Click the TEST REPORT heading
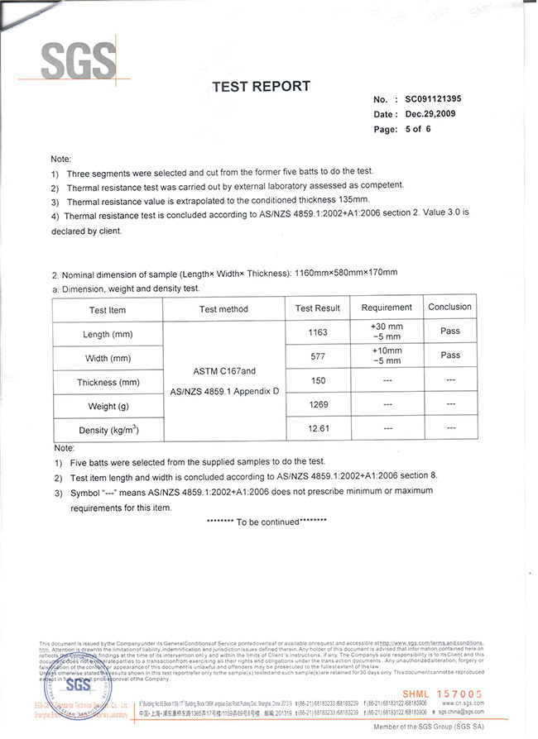click(x=261, y=87)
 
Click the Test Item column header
click(x=108, y=309)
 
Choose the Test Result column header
click(x=317, y=308)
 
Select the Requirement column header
click(x=387, y=308)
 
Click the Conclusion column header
click(x=449, y=307)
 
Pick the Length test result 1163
click(x=317, y=332)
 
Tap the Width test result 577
click(x=317, y=356)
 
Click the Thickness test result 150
click(x=317, y=381)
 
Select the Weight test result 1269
click(x=317, y=405)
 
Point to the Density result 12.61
click(x=317, y=429)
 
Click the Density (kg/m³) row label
click(x=108, y=430)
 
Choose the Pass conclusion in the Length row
click(x=449, y=331)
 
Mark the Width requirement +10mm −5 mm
click(x=387, y=355)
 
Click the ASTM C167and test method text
click(x=223, y=370)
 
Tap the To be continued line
click(x=266, y=522)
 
